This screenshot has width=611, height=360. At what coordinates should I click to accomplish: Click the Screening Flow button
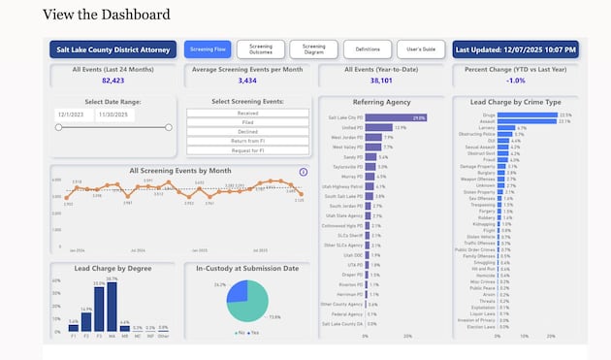coord(208,49)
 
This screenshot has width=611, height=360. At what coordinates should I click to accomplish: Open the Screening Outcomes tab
coord(260,49)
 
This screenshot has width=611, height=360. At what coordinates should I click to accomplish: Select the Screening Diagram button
coord(313,49)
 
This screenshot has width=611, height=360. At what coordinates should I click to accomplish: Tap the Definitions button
coord(367,49)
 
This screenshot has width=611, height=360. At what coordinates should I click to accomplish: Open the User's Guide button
coord(419,49)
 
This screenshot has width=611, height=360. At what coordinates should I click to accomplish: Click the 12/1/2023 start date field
coord(74,115)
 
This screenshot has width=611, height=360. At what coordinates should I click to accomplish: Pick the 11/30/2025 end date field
coord(116,115)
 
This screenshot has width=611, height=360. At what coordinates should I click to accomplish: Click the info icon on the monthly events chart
coord(303,172)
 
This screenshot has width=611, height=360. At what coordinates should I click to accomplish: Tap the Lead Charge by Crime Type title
coord(515,101)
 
